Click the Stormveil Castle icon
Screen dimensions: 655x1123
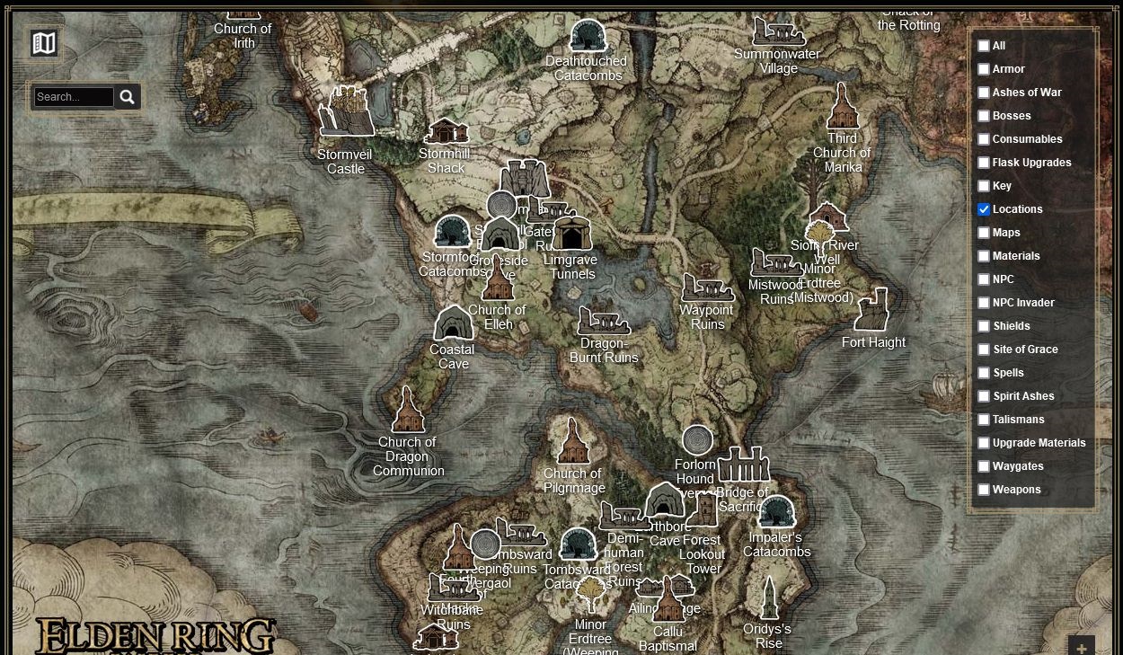[x=347, y=112]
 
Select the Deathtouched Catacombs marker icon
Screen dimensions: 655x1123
[x=588, y=37]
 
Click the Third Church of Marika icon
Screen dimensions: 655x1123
[x=842, y=107]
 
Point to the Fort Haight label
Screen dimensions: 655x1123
[x=873, y=342]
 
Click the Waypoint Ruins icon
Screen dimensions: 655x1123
[x=707, y=288]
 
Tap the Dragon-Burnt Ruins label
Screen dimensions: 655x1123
[x=604, y=350]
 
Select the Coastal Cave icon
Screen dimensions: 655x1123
[x=454, y=323]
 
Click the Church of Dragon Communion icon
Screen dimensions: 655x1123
[x=408, y=411]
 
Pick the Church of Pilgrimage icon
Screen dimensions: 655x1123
[x=573, y=441]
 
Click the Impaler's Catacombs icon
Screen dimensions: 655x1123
[x=777, y=512]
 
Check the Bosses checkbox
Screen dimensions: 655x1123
[x=984, y=116]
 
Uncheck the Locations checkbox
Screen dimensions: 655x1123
[x=984, y=209]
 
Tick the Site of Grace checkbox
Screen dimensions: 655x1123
[x=984, y=350]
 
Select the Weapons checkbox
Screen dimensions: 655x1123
[x=984, y=490]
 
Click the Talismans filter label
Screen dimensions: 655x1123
[x=1018, y=420]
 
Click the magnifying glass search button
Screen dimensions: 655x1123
[x=127, y=97]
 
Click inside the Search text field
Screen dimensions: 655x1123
[x=74, y=97]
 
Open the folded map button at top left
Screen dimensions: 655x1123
[x=43, y=43]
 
